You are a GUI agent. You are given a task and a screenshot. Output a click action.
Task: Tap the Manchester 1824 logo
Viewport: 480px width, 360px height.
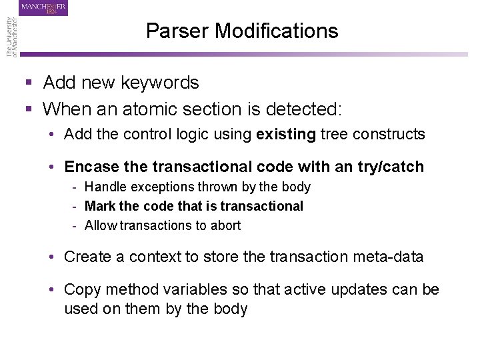tap(44, 9)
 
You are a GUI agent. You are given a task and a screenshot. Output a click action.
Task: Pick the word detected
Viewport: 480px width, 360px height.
tap(313, 108)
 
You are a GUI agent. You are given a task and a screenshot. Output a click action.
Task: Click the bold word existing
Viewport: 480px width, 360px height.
tap(286, 134)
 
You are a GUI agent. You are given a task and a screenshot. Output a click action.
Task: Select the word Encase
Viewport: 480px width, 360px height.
tap(91, 167)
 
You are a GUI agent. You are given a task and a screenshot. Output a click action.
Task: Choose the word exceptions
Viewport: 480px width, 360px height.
tap(157, 187)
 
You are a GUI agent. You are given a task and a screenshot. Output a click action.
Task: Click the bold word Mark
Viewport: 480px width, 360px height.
tap(100, 206)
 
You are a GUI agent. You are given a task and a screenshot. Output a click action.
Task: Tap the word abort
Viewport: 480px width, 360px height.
tap(225, 225)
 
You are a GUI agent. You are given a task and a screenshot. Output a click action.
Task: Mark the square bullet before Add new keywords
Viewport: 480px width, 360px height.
tap(29, 83)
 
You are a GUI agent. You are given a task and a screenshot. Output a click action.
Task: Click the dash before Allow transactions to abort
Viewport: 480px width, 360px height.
tap(76, 225)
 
